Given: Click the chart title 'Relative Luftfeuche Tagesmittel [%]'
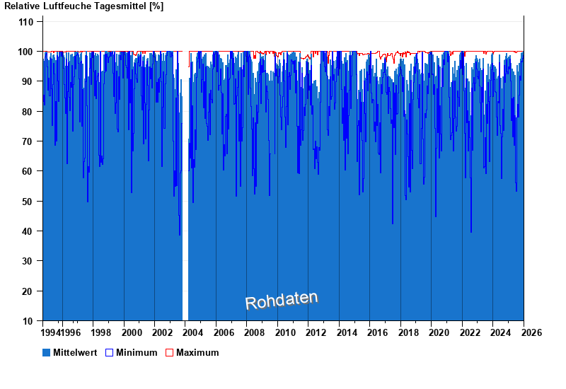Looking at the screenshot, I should (84, 6).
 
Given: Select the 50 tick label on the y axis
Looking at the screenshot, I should (28, 202).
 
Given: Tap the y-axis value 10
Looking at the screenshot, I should (28, 321).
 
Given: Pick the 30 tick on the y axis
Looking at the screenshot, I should (28, 262).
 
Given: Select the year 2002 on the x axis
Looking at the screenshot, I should (163, 332).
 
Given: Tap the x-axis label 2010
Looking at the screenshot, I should (286, 332).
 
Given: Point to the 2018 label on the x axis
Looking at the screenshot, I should (409, 332).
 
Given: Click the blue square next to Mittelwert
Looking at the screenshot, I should (47, 352).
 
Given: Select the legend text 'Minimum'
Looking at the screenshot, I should (137, 352).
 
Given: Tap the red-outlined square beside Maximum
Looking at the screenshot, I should (169, 352).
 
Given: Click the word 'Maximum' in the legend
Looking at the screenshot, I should (197, 352).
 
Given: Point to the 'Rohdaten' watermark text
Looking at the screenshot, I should (282, 300).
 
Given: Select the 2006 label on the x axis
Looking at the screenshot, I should (224, 332).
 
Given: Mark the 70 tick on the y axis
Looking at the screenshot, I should (28, 141).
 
